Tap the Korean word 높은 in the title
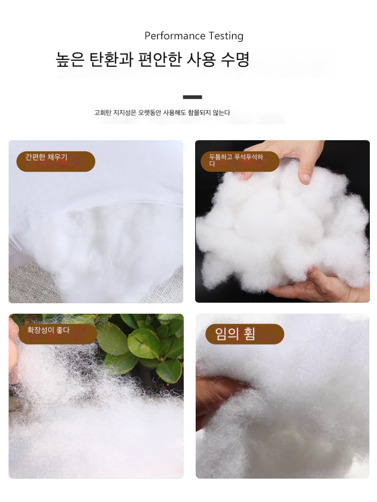[x=70, y=60]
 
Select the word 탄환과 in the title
[x=111, y=60]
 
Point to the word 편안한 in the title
[x=160, y=60]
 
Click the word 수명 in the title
[x=235, y=60]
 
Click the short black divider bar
[x=192, y=97]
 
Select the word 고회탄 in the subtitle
[x=103, y=113]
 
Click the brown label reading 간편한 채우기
[x=56, y=161]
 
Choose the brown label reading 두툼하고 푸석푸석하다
[x=240, y=161]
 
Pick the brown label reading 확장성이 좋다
[x=58, y=334]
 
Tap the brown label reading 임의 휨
[x=245, y=334]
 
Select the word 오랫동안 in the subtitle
[x=150, y=113]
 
